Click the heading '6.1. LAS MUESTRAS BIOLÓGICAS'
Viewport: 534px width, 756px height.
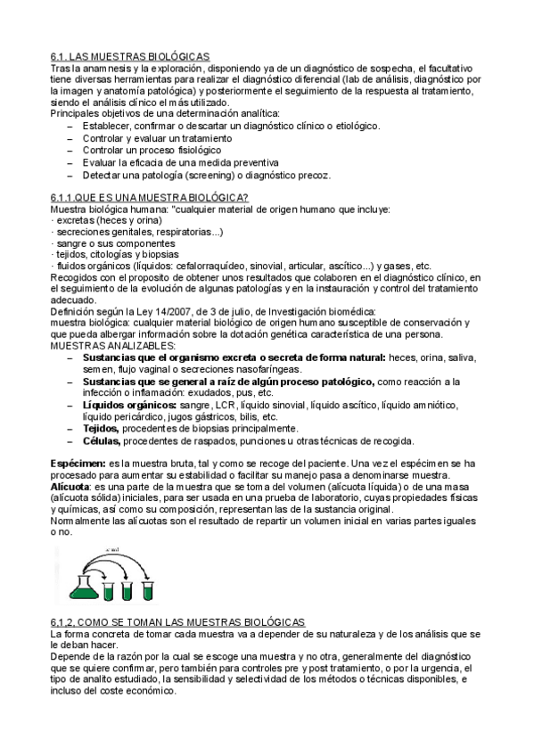click(130, 56)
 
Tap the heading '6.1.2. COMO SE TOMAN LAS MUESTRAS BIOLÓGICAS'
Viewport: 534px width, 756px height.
click(177, 621)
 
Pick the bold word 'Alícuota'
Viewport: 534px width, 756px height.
click(70, 488)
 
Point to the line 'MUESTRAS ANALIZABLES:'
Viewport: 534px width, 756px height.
click(112, 346)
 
